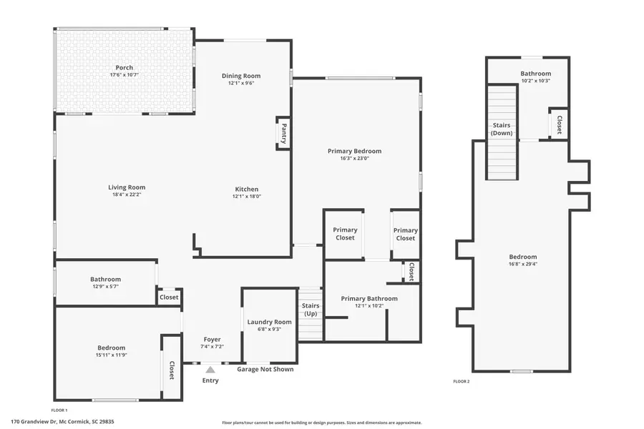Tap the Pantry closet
(x=283, y=134)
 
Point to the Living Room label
(x=127, y=187)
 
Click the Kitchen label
(x=247, y=189)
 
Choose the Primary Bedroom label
(x=354, y=151)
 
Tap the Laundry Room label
(x=269, y=322)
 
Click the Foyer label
(x=212, y=339)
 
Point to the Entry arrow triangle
(x=210, y=370)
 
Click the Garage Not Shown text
(x=265, y=369)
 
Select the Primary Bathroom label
(x=369, y=298)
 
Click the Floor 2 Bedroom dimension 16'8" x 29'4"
(x=522, y=264)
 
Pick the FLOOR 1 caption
(x=59, y=410)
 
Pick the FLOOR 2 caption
(x=462, y=382)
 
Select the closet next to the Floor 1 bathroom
(x=169, y=297)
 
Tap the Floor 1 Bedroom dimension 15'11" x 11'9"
(x=112, y=355)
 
